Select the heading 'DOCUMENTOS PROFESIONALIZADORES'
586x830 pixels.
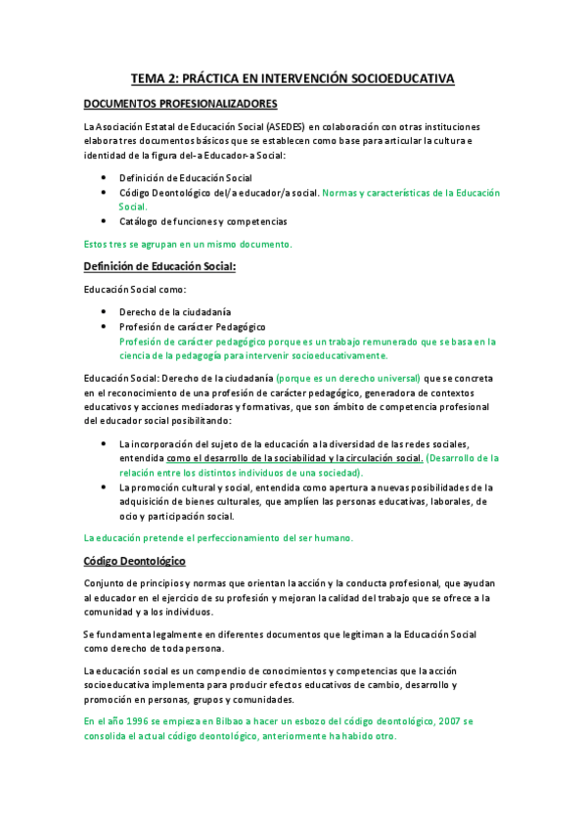click(180, 104)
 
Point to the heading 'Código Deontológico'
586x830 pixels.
click(135, 561)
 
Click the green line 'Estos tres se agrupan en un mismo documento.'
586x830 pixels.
click(188, 243)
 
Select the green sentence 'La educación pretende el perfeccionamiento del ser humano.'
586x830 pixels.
click(218, 537)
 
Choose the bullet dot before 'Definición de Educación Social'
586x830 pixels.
click(105, 178)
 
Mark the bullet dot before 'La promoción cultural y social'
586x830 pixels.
click(105, 486)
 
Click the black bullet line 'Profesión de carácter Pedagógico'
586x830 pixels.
click(192, 326)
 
